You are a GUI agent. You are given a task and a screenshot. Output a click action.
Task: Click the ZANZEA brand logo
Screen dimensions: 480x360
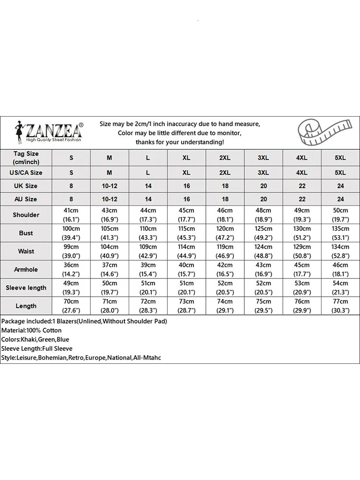[48, 131]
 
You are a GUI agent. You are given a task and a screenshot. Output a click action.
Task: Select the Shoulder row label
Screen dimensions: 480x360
[26, 215]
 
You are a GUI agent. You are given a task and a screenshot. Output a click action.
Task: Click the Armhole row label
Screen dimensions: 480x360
[26, 269]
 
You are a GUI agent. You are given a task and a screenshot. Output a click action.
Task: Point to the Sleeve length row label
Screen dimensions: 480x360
[26, 288]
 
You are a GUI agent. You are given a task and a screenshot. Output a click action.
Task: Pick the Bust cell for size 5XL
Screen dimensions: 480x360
[340, 233]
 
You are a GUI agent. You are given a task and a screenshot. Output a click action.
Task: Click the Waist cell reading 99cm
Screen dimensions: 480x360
[71, 251]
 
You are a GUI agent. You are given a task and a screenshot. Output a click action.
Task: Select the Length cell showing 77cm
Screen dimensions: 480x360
[340, 306]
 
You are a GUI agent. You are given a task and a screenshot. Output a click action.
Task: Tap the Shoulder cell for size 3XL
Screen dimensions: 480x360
[264, 215]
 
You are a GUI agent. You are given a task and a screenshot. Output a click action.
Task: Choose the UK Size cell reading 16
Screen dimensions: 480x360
[186, 186]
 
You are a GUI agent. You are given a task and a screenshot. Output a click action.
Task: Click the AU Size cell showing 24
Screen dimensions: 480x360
[340, 199]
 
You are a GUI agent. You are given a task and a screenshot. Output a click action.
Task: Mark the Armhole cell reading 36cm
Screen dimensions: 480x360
[71, 269]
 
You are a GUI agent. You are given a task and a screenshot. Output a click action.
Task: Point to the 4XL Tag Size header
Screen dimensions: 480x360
[302, 158]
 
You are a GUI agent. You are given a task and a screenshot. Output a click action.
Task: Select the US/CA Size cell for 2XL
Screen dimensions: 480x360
[225, 172]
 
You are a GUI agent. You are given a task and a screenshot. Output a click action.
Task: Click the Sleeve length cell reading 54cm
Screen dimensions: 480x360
[340, 288]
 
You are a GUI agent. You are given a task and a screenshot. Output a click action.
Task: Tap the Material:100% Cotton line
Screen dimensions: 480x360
[31, 330]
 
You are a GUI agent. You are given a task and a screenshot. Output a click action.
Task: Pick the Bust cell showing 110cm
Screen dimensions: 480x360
[148, 233]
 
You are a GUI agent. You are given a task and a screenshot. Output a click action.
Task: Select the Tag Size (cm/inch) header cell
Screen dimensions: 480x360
[26, 157]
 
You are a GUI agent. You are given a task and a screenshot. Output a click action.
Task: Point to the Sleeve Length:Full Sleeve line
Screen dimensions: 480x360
[36, 348]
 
